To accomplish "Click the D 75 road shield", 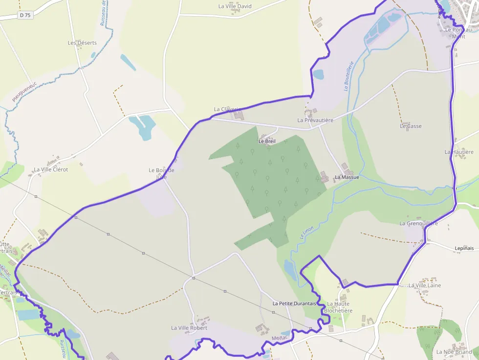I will [x=24, y=15].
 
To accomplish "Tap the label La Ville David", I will [x=235, y=6].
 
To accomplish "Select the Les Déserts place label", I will [x=82, y=43].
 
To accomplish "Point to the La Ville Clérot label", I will [x=51, y=169].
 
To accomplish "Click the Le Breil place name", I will [x=267, y=141].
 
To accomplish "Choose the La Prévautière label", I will [x=315, y=120].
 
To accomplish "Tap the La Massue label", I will [x=347, y=177].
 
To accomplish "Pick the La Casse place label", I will [x=411, y=126].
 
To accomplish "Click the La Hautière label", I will [x=459, y=152].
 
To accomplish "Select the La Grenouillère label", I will [x=418, y=224].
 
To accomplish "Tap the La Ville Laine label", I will [x=424, y=285].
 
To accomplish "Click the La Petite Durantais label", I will [x=294, y=303].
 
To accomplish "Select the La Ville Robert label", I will [x=189, y=328].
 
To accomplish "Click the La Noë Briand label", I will [x=454, y=352].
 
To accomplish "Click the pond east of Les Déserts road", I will [x=128, y=63].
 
